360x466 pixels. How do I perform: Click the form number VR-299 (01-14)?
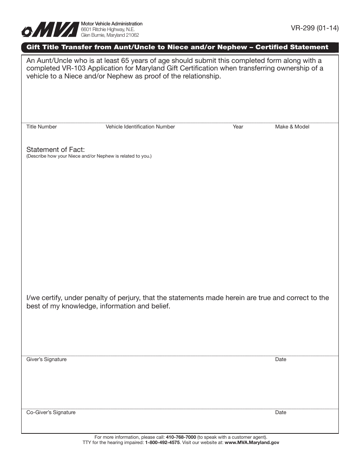click(x=315, y=28)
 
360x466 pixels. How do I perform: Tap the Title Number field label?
click(x=41, y=127)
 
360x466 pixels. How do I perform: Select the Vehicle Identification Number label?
click(x=140, y=127)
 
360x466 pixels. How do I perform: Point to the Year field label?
click(x=238, y=127)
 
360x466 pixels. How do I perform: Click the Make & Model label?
click(x=292, y=127)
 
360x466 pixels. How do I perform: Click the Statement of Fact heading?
click(x=55, y=150)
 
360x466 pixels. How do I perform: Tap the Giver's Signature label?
click(x=46, y=360)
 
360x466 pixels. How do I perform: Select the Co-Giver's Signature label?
click(x=51, y=413)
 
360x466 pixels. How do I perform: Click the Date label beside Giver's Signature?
click(x=281, y=360)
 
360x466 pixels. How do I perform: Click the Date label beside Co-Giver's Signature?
click(x=281, y=413)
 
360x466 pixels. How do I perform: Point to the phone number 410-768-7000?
click(x=181, y=437)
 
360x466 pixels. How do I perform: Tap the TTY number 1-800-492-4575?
click(x=162, y=443)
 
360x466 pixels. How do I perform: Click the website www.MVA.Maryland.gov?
click(x=252, y=443)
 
